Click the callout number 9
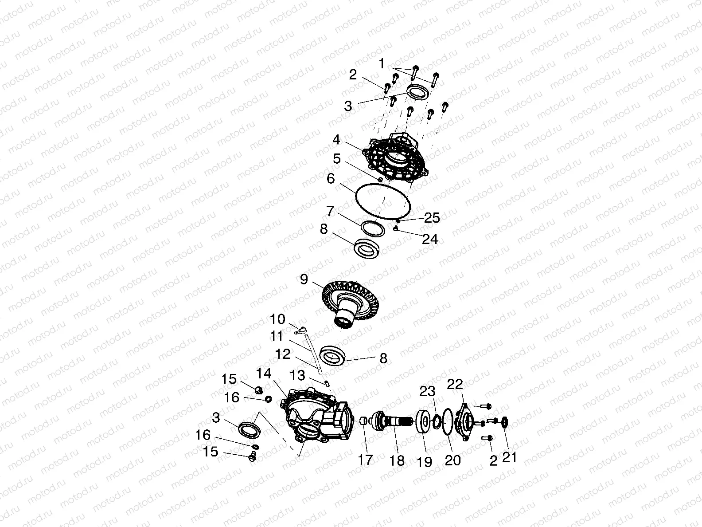coord(304,279)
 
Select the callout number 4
coord(336,140)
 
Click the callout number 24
coord(429,239)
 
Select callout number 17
coord(366,460)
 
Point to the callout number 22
coord(455,384)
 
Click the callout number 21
coord(510,456)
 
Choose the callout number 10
coord(278,319)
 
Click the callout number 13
coord(298,376)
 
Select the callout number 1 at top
coord(382,64)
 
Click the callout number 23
coord(427,391)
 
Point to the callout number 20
coord(452,460)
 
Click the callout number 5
coord(337,158)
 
